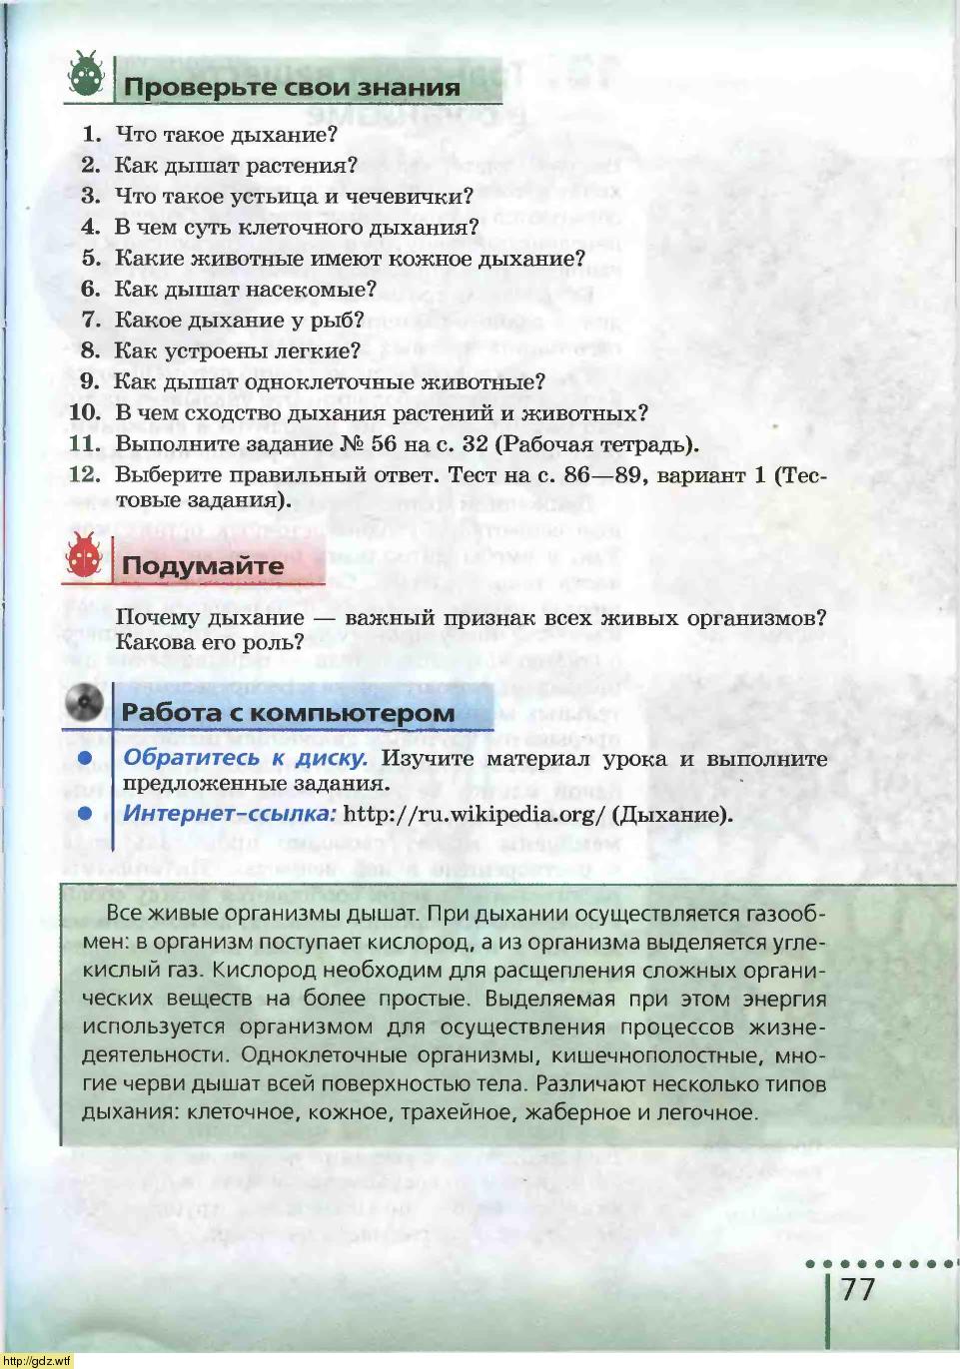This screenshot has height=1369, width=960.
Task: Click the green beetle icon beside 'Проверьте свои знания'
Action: pyautogui.click(x=87, y=75)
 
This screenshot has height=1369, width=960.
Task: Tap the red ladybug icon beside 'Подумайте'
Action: pyautogui.click(x=84, y=556)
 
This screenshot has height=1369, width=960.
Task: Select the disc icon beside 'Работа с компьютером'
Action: pyautogui.click(x=84, y=702)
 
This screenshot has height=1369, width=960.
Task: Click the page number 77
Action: pyautogui.click(x=857, y=1289)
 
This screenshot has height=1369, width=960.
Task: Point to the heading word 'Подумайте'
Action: pyautogui.click(x=203, y=566)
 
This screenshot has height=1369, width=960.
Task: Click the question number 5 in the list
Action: pyautogui.click(x=91, y=259)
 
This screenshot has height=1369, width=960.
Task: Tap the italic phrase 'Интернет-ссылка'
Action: pyautogui.click(x=229, y=814)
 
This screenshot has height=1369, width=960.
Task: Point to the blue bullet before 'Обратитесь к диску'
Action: pyautogui.click(x=85, y=759)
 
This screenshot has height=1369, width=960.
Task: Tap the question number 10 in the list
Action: pyautogui.click(x=85, y=413)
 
